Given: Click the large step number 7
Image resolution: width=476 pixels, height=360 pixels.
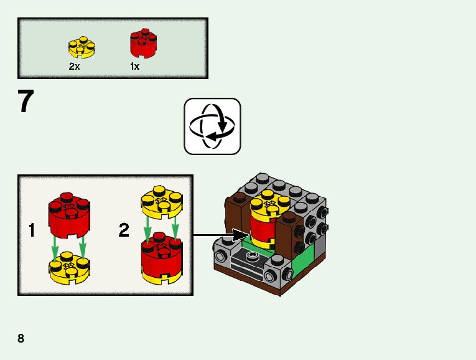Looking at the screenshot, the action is point(26,102).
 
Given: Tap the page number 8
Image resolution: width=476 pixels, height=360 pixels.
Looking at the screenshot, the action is point(21,338).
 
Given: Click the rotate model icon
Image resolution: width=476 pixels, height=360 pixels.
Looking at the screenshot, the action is point(212,126).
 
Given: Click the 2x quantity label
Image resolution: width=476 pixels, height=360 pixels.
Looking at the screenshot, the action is point(75,66).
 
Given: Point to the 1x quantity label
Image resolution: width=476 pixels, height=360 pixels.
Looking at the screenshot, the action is point(135,66).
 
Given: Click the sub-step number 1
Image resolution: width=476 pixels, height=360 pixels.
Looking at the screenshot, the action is point(32,231).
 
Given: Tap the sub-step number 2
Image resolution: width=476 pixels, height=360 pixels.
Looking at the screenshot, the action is point(124,231).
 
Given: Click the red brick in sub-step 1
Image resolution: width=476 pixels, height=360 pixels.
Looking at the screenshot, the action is point(69,217).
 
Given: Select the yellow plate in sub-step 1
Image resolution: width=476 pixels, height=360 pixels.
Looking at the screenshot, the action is point(69,267).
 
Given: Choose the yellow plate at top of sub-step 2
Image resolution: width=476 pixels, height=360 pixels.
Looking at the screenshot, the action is point(160,199).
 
